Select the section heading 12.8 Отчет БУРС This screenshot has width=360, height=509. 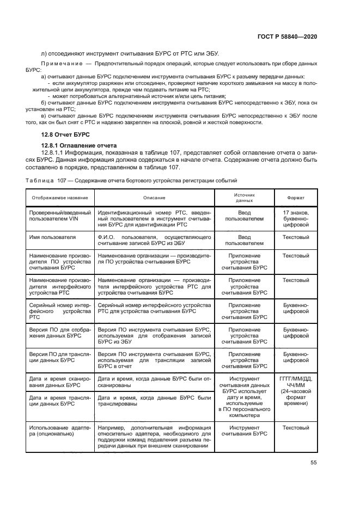point(65,134)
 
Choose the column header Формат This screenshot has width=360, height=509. point(296,197)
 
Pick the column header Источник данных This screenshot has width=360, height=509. point(245,197)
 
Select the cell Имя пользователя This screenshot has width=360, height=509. point(53,237)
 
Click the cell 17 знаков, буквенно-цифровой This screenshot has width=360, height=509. point(296,218)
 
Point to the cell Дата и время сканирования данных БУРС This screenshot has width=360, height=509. point(59,382)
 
